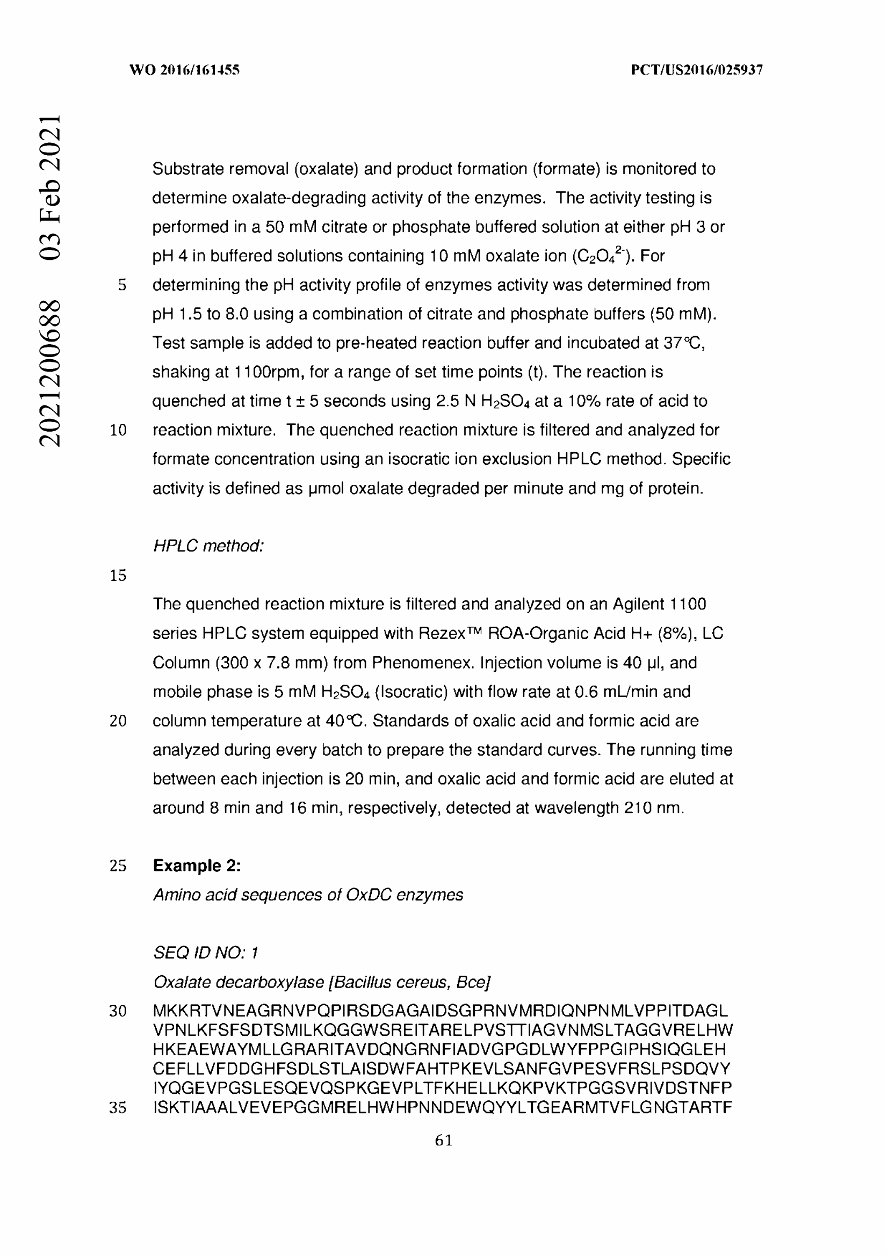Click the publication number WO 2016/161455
click(x=184, y=70)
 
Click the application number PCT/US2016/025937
click(x=697, y=70)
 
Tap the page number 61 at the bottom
click(x=444, y=1141)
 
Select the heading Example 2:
click(x=197, y=866)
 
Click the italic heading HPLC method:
click(x=208, y=546)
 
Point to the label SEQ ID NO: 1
click(x=206, y=953)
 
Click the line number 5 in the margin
click(x=122, y=285)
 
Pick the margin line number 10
click(x=118, y=430)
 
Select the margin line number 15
click(x=118, y=576)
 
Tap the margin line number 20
click(x=118, y=721)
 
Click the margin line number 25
click(x=118, y=866)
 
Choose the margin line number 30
click(x=118, y=1011)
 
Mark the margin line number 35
click(x=118, y=1108)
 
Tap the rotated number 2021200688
click(x=49, y=373)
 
